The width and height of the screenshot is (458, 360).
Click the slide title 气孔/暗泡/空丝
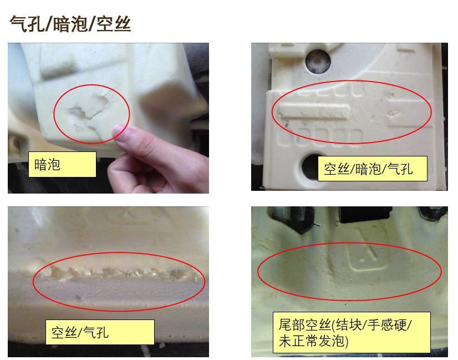point(70,24)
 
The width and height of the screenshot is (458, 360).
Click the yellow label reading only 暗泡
point(62,164)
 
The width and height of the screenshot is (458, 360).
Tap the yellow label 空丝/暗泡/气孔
point(373,169)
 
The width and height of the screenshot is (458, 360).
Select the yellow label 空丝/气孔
point(100,332)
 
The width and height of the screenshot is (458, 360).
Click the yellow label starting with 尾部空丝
point(352,332)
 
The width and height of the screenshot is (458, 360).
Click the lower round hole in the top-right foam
point(312,166)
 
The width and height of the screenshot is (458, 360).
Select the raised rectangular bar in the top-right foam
point(314,111)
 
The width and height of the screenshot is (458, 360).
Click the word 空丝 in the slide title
point(114,24)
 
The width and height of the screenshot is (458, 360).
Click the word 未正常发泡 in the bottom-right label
point(312,341)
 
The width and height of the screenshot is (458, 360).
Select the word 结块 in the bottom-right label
point(349,324)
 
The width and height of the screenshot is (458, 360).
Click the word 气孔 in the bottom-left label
point(96,332)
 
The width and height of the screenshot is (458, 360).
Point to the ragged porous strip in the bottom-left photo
point(120,272)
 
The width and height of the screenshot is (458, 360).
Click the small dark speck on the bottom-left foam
point(78,297)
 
